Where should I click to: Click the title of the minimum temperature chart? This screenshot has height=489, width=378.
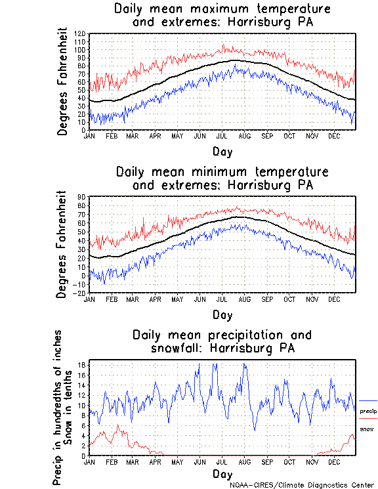(x=222, y=178)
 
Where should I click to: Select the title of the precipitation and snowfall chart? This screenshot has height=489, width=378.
(x=222, y=341)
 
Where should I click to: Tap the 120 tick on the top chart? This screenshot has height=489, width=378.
(x=81, y=33)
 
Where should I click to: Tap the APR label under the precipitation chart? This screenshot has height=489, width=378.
(x=156, y=461)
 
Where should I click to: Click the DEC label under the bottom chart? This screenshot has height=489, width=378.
(x=334, y=461)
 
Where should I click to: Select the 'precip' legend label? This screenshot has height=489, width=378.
(x=369, y=411)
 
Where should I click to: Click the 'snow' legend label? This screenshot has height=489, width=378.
(x=367, y=429)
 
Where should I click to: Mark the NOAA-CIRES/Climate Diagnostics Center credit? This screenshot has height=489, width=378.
(x=303, y=484)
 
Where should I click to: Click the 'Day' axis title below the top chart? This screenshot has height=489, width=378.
(x=222, y=150)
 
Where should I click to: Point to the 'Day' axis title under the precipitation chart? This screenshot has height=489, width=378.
(x=222, y=473)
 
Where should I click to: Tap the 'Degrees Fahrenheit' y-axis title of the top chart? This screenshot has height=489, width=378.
(x=63, y=81)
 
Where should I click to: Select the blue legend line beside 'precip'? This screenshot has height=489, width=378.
(x=368, y=400)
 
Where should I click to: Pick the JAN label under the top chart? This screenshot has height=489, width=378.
(x=91, y=136)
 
